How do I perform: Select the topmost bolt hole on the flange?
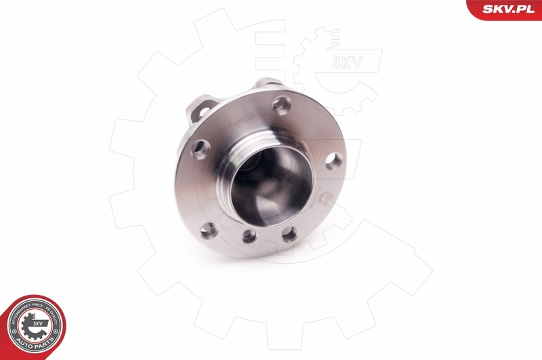pyautogui.click(x=282, y=104)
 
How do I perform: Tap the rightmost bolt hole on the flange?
pyautogui.click(x=333, y=161)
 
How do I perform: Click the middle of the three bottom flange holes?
pyautogui.click(x=249, y=236)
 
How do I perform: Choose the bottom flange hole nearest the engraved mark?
pyautogui.click(x=289, y=235)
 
